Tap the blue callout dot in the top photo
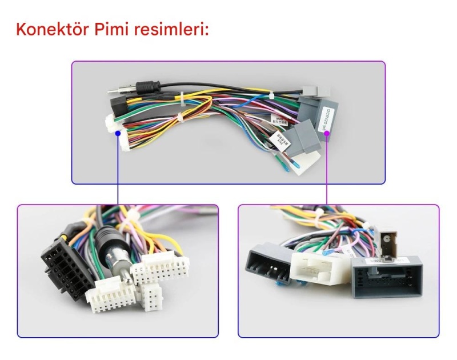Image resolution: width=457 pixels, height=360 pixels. (x=118, y=133)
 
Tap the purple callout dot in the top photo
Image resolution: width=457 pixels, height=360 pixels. (x=327, y=133)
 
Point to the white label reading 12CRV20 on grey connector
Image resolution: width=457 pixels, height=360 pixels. (x=327, y=117)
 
